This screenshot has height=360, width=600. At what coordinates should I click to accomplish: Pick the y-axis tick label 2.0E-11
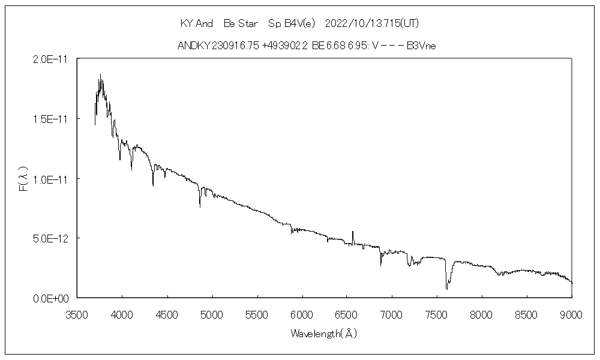click(51, 60)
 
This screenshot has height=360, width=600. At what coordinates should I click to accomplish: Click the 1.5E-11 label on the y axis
click(51, 119)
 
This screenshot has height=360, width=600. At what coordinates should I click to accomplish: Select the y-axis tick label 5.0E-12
click(51, 238)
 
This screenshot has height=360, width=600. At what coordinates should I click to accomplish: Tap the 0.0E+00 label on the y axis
click(51, 298)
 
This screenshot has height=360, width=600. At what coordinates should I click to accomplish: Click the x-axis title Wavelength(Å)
click(324, 333)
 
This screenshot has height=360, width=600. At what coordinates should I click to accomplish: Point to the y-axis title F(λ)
click(24, 179)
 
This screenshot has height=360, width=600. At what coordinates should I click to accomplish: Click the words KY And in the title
click(197, 23)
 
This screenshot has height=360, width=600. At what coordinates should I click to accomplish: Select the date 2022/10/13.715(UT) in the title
click(371, 23)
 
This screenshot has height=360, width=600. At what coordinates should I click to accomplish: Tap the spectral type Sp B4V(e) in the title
click(292, 23)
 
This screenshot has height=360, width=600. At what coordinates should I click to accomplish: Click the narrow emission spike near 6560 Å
click(353, 232)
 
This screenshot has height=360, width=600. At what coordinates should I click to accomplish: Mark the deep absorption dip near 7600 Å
click(446, 287)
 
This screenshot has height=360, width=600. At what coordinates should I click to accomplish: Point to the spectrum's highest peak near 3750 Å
click(100, 76)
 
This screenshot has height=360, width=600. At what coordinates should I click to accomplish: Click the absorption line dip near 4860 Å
click(200, 205)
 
